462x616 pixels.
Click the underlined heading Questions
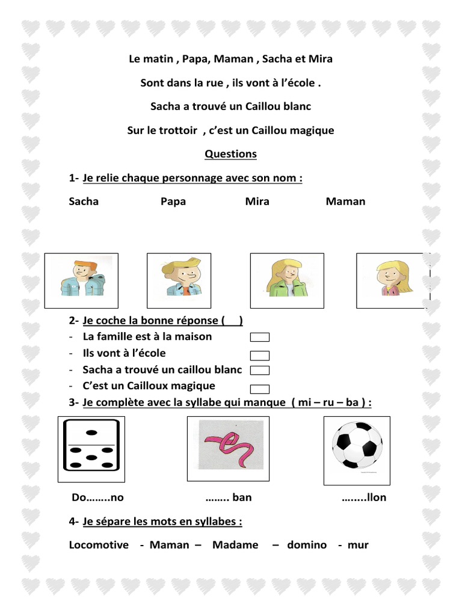click(230, 154)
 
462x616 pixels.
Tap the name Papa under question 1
click(173, 202)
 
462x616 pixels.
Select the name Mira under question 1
click(257, 202)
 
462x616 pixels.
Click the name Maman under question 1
click(345, 202)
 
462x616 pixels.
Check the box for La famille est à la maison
click(260, 337)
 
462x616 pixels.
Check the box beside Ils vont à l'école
click(260, 355)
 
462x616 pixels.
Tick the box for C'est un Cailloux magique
click(260, 389)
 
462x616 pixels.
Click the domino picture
click(91, 449)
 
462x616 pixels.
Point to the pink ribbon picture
click(230, 445)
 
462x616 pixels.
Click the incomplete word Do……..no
click(97, 497)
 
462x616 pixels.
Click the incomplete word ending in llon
click(364, 497)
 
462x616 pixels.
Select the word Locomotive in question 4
click(99, 545)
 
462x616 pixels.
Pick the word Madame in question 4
click(235, 545)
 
